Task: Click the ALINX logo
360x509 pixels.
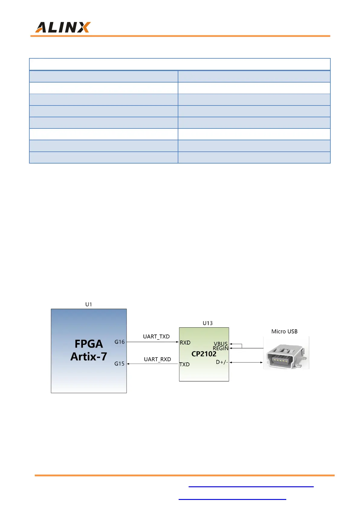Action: (x=63, y=27)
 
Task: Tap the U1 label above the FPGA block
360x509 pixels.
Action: (x=89, y=304)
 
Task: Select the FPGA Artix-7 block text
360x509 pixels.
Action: (x=89, y=350)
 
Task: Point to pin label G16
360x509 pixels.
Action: (x=119, y=342)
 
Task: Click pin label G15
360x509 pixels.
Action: (x=119, y=364)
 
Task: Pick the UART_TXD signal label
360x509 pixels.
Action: (x=156, y=336)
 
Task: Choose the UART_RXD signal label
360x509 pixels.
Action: (x=157, y=359)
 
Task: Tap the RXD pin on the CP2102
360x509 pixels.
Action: (x=185, y=342)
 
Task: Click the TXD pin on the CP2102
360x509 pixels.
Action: (x=184, y=364)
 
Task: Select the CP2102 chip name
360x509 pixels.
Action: (x=204, y=354)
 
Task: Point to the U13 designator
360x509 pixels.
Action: (x=208, y=323)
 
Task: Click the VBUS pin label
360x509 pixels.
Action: (x=221, y=344)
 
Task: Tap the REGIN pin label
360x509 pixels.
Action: (x=221, y=348)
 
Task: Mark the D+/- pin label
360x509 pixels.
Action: (x=222, y=362)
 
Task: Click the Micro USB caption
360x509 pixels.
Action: (x=284, y=332)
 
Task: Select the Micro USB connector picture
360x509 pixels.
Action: (x=286, y=353)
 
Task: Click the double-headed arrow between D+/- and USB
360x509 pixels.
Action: (x=246, y=362)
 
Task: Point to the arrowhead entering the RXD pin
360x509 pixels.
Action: (x=177, y=342)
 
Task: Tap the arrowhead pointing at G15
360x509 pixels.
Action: (x=128, y=364)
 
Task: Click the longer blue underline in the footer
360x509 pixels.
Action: (x=251, y=487)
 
